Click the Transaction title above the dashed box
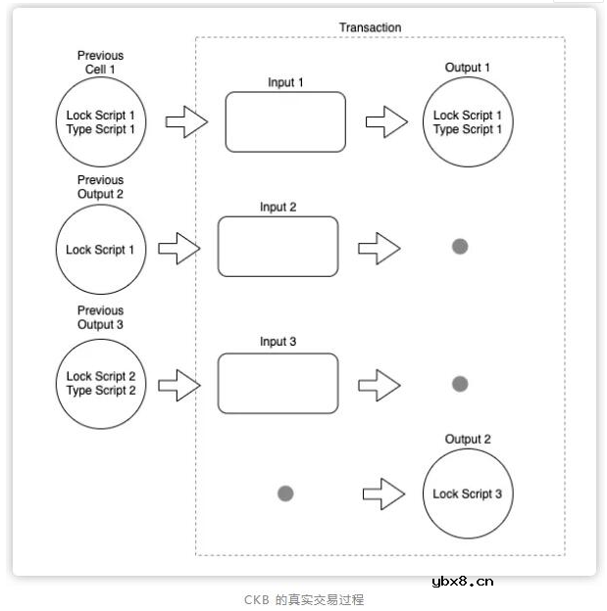[370, 27]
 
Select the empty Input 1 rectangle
[285, 122]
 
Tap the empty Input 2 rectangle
[278, 247]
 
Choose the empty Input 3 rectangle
[278, 383]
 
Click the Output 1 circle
[468, 122]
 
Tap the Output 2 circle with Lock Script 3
[468, 493]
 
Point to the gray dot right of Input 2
[460, 247]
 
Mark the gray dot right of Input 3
[460, 384]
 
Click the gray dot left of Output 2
[285, 493]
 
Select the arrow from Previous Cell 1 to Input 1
[186, 123]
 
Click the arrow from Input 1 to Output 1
[386, 123]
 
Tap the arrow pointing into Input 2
[178, 249]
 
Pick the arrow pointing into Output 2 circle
[383, 493]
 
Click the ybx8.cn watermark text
[462, 581]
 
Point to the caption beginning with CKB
[304, 599]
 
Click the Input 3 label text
[278, 342]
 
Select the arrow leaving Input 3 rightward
[379, 384]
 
